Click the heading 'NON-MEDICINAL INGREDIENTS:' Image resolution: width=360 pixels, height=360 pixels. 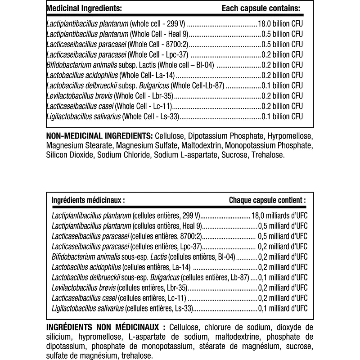pos(99,136)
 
